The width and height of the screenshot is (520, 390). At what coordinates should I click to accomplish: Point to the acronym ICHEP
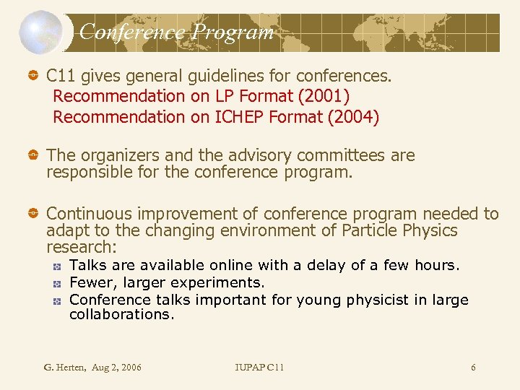pos(239,117)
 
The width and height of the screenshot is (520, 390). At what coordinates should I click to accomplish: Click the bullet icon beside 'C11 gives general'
pos(33,76)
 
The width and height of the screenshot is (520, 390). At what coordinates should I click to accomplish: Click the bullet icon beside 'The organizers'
pos(33,156)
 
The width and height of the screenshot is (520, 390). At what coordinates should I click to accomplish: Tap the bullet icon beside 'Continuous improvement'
pos(33,214)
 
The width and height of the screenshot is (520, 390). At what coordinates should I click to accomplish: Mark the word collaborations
pos(121,314)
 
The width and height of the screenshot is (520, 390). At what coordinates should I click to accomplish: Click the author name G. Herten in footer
pos(66,368)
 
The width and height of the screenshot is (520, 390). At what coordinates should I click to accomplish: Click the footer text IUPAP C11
pos(260,368)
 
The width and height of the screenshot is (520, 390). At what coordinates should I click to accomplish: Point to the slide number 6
pos(473,368)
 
